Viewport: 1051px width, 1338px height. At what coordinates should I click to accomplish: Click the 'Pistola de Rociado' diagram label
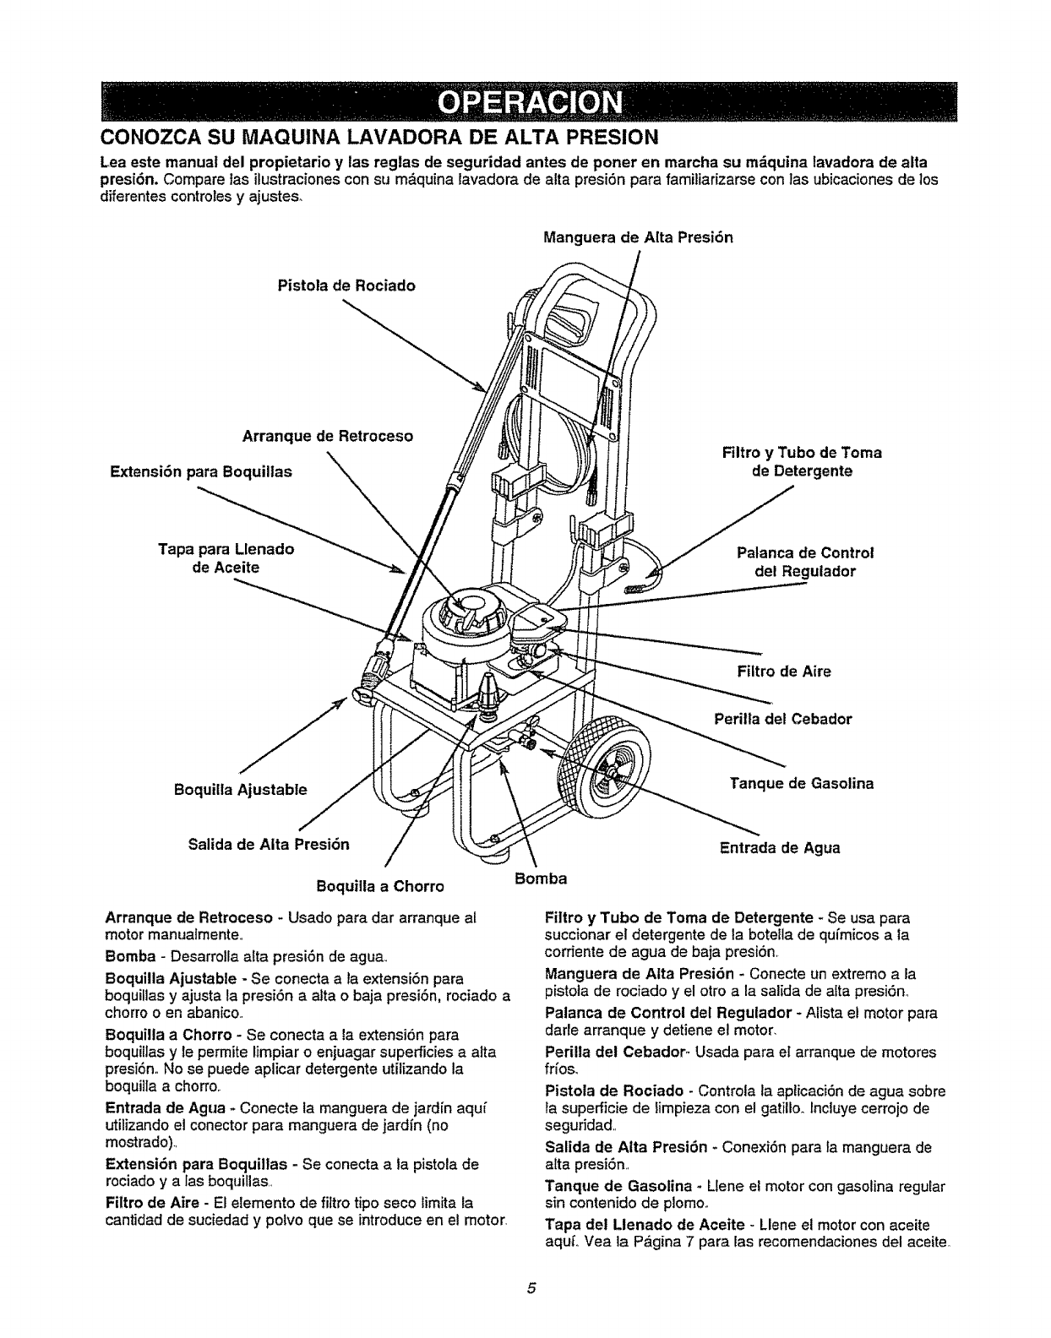(346, 286)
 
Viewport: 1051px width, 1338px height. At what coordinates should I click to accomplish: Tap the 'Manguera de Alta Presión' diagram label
(638, 237)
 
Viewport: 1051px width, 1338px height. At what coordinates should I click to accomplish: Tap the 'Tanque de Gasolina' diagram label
(801, 783)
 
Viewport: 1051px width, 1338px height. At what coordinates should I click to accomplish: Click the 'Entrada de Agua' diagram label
(779, 847)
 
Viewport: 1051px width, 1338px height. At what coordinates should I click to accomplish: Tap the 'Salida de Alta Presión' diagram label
(269, 843)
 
